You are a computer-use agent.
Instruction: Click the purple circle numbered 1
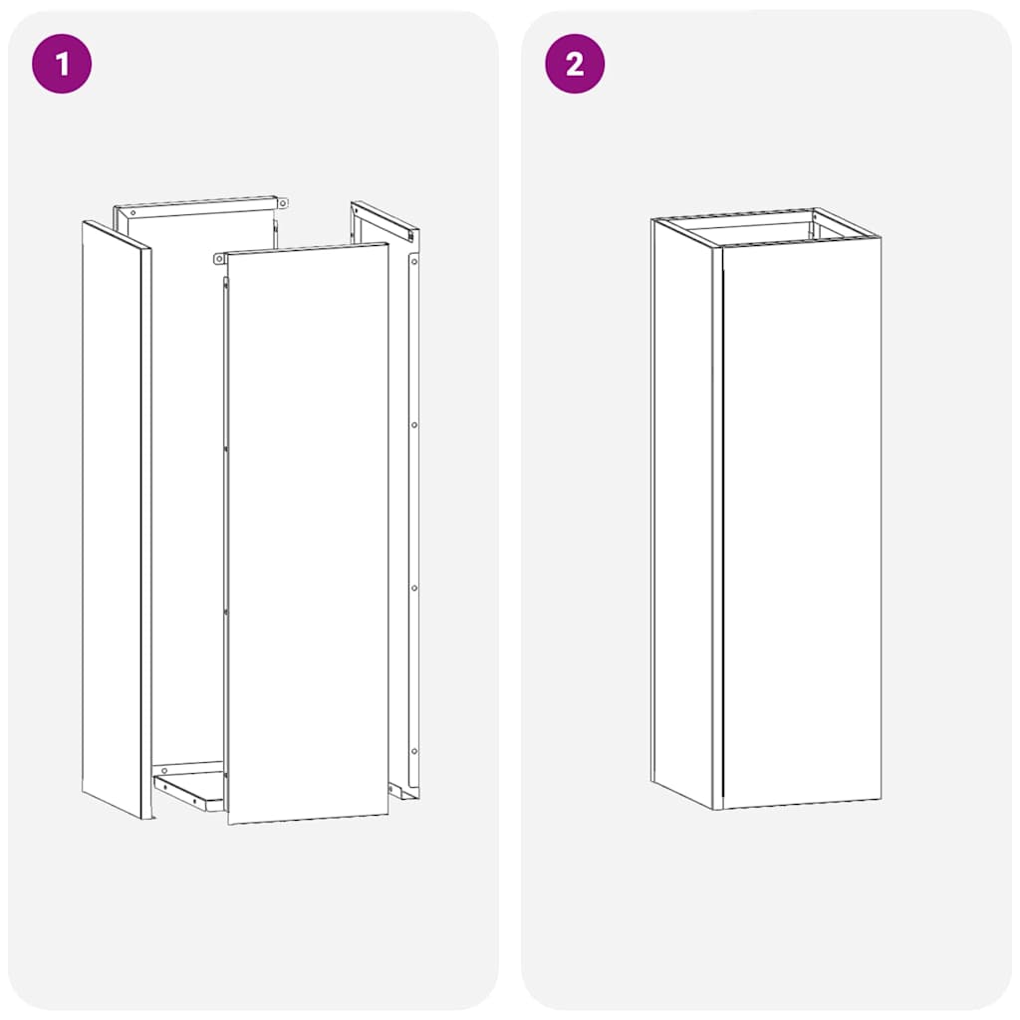pyautogui.click(x=62, y=64)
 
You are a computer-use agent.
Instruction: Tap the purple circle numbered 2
pyautogui.click(x=575, y=64)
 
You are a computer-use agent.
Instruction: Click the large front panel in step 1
pyautogui.click(x=307, y=538)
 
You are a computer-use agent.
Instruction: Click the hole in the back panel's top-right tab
pyautogui.click(x=283, y=203)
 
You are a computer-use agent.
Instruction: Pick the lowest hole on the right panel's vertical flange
pyautogui.click(x=414, y=750)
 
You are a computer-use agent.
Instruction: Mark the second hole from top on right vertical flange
pyautogui.click(x=414, y=425)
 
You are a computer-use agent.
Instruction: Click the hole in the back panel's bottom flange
pyautogui.click(x=164, y=771)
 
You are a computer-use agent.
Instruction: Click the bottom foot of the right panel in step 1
pyautogui.click(x=404, y=792)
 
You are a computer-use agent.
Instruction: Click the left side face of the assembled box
pyautogui.click(x=681, y=508)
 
